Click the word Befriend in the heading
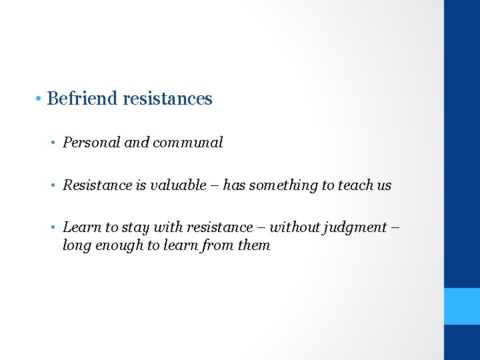pos(83,99)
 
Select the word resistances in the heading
pos(167,99)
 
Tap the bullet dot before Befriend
pos(40,99)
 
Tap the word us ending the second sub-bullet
pos(384,185)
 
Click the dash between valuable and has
pos(215,186)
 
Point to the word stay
pos(135,227)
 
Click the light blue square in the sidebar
pos(462,306)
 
